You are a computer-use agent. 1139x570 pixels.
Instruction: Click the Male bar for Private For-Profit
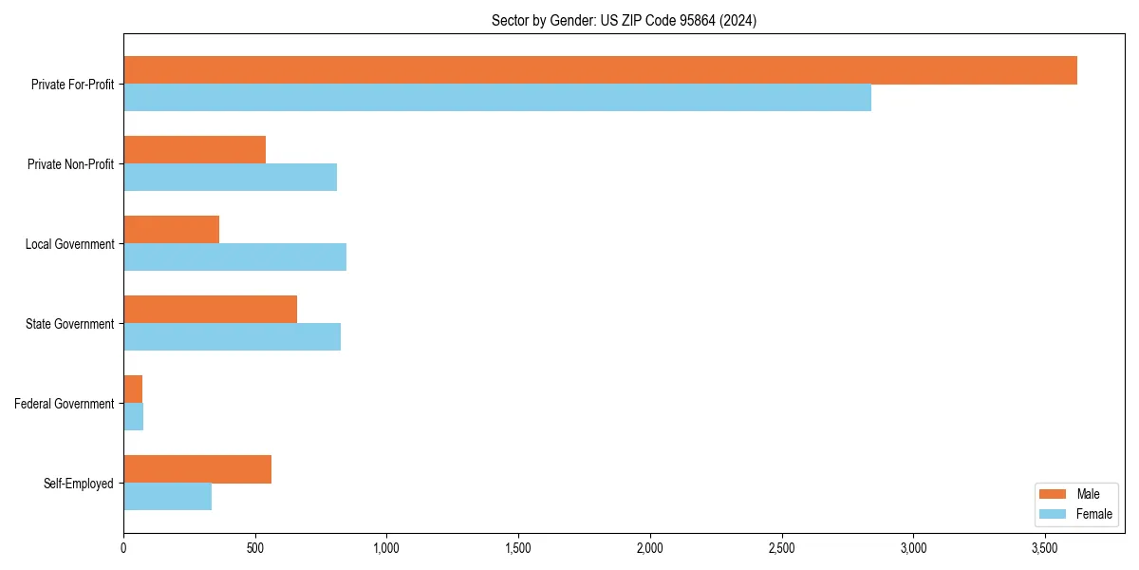pos(600,70)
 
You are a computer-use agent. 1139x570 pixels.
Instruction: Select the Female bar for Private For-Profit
pos(497,98)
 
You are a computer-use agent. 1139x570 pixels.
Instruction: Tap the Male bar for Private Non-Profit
pos(195,150)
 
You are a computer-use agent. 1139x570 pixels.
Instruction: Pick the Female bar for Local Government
pos(234,257)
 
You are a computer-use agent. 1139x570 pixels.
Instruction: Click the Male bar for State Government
pos(210,310)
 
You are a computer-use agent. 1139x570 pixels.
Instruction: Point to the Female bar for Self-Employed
pos(167,497)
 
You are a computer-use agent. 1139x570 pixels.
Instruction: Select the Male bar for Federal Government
pos(133,389)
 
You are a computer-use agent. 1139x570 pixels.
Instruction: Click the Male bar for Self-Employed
pos(197,469)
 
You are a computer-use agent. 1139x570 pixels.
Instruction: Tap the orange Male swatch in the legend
pos(1054,494)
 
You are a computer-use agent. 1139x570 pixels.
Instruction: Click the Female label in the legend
pos(1093,514)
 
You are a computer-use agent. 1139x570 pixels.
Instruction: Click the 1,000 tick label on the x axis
pos(386,549)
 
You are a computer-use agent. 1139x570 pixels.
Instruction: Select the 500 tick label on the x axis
pos(255,549)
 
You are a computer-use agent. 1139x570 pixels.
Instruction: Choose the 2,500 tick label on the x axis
pos(781,549)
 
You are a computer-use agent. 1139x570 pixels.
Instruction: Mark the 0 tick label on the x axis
pos(123,549)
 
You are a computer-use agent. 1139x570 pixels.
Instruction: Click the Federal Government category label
pos(65,404)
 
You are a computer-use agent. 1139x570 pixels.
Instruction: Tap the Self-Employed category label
pos(79,484)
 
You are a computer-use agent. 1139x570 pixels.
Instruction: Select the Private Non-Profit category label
pos(71,164)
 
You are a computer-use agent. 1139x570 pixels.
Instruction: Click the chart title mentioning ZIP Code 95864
pos(624,20)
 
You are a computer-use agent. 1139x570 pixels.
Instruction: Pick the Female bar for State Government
pos(232,337)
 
